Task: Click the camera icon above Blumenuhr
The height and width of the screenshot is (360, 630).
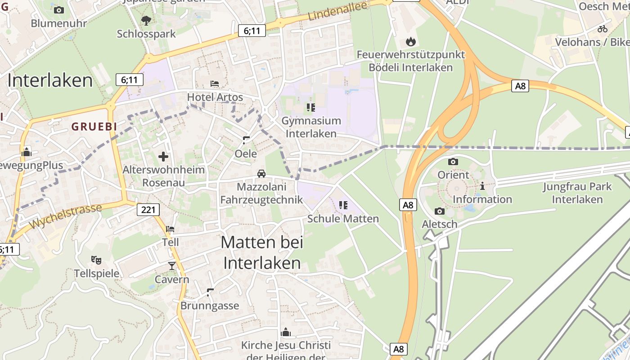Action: tap(58, 10)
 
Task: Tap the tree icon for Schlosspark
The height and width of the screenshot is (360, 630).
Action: tap(146, 20)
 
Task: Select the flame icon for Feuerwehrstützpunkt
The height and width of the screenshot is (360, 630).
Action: tap(410, 42)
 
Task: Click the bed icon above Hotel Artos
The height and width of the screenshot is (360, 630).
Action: tap(215, 84)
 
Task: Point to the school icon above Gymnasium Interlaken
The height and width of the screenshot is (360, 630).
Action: tap(310, 108)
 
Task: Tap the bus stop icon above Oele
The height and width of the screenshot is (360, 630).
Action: tap(246, 140)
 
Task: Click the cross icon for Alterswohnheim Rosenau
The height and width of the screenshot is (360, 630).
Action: tap(163, 157)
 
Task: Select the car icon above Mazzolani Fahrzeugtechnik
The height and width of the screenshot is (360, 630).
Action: tap(261, 173)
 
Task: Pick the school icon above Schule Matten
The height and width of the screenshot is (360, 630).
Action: tap(343, 205)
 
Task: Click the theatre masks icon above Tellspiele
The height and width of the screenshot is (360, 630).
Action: tap(96, 260)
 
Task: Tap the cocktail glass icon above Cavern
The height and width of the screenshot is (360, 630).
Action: tap(171, 266)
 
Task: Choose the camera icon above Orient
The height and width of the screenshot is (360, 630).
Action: tap(453, 162)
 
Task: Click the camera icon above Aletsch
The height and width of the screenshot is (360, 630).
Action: tap(440, 211)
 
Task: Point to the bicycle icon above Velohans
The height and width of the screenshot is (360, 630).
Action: tap(603, 29)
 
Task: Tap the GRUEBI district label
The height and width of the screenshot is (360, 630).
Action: tap(94, 127)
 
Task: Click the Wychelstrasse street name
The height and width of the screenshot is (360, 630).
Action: tap(66, 216)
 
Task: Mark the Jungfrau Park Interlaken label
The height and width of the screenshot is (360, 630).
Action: tap(577, 193)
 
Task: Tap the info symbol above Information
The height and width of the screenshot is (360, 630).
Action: tap(482, 185)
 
